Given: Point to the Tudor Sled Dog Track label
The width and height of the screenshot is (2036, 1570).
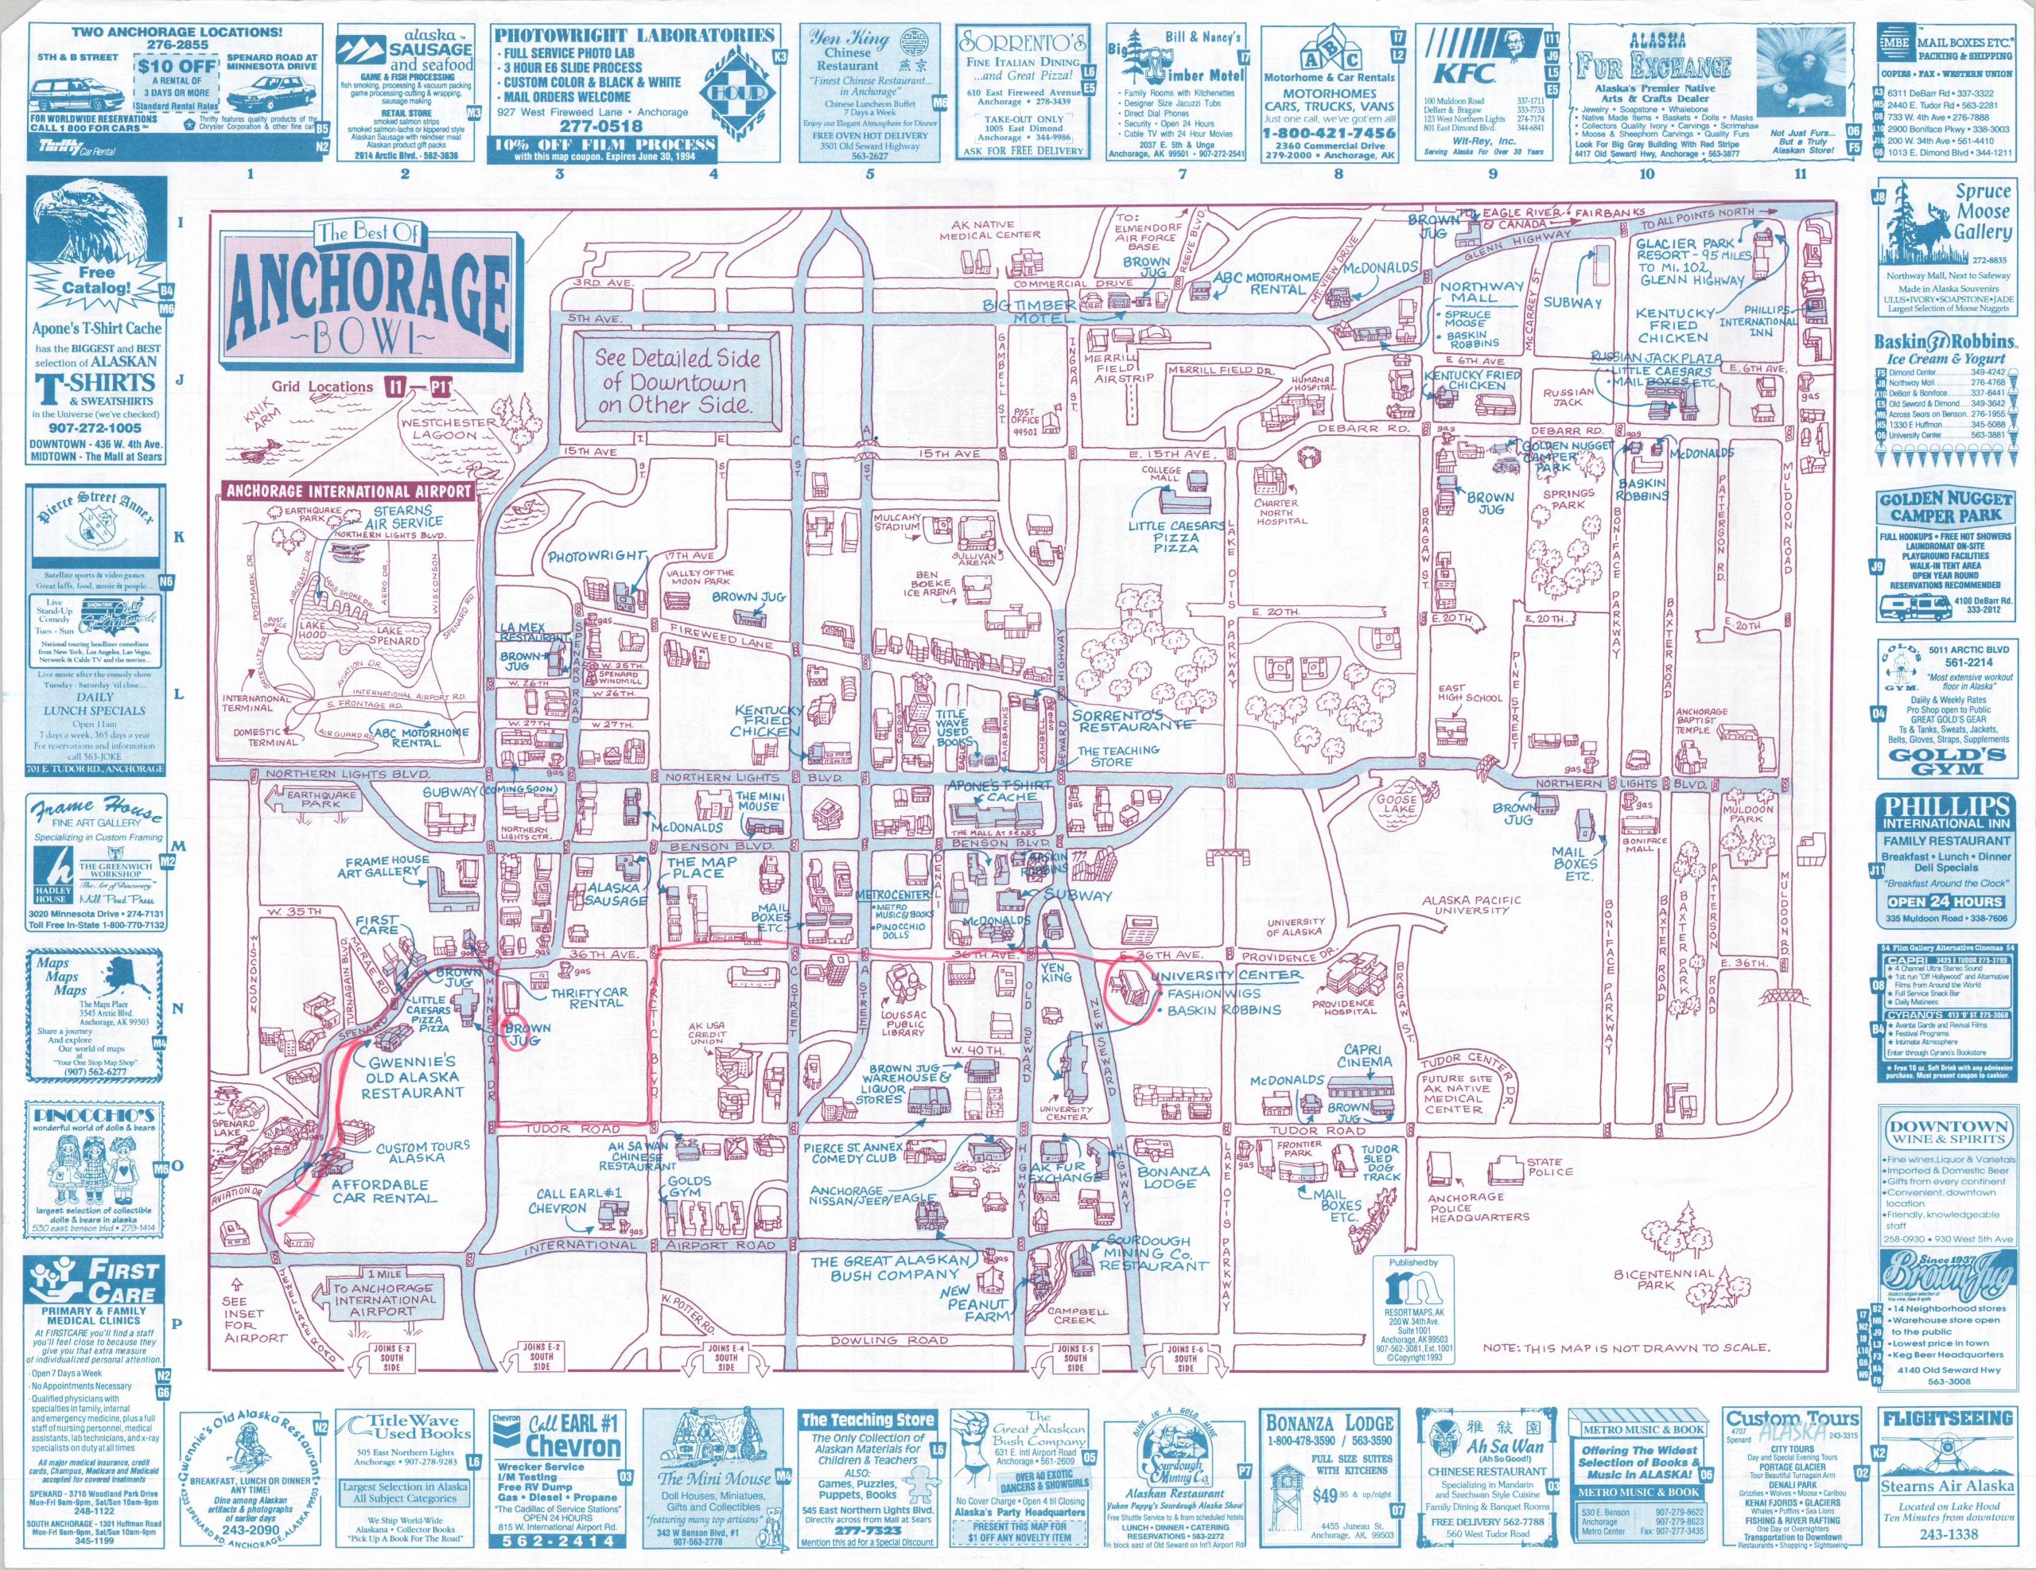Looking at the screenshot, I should click(1380, 1163).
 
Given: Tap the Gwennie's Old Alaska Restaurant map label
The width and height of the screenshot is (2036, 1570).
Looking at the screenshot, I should click(413, 1077).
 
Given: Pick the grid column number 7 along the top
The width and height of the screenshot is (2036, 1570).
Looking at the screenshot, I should click(1182, 174).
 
